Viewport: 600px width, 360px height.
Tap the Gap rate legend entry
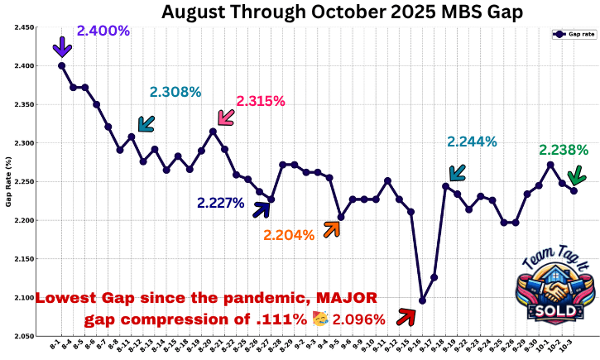click(574, 35)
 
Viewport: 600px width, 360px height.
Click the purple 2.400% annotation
click(103, 31)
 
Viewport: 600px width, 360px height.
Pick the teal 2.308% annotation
click(175, 92)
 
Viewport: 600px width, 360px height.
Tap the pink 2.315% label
click(261, 101)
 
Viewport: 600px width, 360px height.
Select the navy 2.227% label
click(221, 203)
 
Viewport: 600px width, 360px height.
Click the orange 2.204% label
click(289, 235)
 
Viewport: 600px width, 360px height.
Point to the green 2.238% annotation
click(564, 151)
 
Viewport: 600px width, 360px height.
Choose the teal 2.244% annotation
click(472, 142)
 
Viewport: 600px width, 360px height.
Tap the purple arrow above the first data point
click(62, 47)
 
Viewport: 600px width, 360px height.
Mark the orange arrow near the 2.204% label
click(331, 229)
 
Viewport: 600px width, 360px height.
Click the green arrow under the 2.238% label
click(577, 175)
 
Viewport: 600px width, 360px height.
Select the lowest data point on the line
click(422, 300)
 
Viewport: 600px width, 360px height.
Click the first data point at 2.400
click(62, 66)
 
